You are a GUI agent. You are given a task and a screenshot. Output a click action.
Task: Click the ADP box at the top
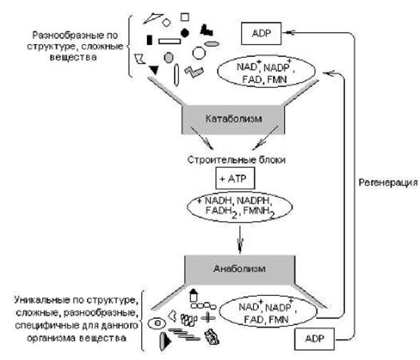(x=261, y=34)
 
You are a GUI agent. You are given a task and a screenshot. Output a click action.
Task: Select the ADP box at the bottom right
(x=314, y=339)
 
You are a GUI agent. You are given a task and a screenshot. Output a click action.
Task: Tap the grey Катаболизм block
(x=233, y=119)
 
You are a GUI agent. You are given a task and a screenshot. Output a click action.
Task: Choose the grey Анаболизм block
(x=240, y=269)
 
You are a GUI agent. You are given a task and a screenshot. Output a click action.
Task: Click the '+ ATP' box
(x=235, y=178)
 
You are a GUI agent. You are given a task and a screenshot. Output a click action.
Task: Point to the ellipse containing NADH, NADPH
(x=240, y=207)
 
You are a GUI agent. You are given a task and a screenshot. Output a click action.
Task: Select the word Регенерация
(x=388, y=183)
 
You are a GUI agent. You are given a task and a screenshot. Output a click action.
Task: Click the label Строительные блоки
(x=236, y=160)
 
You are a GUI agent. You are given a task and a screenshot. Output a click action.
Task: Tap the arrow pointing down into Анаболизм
(x=240, y=240)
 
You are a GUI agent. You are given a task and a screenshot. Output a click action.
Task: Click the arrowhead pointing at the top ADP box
(x=290, y=32)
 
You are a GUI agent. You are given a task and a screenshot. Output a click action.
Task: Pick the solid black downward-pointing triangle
(x=154, y=70)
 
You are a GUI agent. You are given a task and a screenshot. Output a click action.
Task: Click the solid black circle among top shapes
(x=185, y=33)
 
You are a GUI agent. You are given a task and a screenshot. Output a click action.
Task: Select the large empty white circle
(x=199, y=53)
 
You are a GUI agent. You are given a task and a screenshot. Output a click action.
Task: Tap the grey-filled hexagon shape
(x=168, y=58)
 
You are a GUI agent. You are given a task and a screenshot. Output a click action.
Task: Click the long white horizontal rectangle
(x=170, y=41)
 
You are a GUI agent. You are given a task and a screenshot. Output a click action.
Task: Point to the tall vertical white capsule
(x=176, y=75)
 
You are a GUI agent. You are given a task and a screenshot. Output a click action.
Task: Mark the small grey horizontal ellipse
(x=212, y=43)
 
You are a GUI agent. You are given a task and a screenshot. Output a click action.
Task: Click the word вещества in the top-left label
(x=73, y=57)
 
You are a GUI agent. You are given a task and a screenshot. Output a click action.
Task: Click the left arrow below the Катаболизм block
(x=202, y=138)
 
